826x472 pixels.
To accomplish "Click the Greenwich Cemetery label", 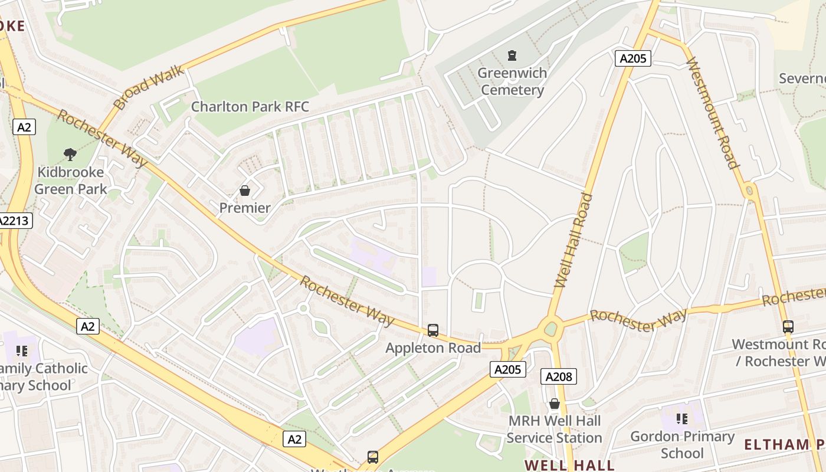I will (512, 81).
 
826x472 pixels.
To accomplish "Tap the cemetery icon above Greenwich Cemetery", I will (512, 55).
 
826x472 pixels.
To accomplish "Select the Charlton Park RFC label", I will (250, 107).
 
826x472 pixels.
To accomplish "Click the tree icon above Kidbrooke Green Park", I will (70, 155).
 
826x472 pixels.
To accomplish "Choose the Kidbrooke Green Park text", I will (70, 181).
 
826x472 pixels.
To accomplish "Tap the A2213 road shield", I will (15, 221).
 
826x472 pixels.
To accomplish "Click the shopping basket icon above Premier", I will (245, 191).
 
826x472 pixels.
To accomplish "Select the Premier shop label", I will (245, 208).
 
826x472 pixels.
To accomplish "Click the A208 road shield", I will (558, 376).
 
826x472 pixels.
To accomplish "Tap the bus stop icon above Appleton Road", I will (433, 330).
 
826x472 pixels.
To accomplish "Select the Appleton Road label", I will (433, 348).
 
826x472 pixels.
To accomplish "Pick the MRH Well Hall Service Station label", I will (554, 429).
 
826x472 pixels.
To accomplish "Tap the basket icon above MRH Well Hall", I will (554, 404).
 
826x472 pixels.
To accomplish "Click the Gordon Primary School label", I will (682, 444).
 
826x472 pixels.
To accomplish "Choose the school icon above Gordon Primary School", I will (682, 419).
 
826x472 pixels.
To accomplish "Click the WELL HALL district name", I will (569, 465).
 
